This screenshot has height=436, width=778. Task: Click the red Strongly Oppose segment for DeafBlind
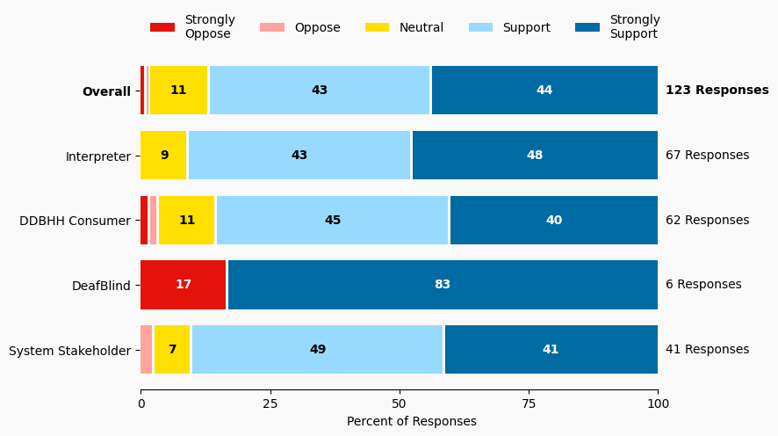(184, 285)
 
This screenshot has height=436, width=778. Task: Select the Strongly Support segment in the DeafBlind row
(443, 285)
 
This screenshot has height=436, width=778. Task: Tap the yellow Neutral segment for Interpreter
(164, 156)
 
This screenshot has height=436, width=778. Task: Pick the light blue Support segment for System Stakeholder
(318, 350)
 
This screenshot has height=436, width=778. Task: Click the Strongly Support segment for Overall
(544, 91)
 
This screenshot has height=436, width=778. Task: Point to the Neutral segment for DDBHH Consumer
(187, 221)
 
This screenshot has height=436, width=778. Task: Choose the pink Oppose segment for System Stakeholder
(147, 350)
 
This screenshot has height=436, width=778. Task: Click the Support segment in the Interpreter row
(299, 156)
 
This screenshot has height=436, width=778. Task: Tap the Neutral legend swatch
(378, 28)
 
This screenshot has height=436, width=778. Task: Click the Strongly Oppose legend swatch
(162, 28)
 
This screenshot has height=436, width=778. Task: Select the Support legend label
(526, 28)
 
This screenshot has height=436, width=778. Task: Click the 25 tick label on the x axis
(270, 403)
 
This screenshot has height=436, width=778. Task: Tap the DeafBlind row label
(101, 285)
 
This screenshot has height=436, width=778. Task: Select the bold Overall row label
(106, 91)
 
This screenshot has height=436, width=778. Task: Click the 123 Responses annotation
(717, 91)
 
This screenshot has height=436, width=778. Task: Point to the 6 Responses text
(703, 285)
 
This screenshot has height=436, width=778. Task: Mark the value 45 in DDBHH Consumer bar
(333, 221)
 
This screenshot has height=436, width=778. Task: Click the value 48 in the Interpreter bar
(535, 156)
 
